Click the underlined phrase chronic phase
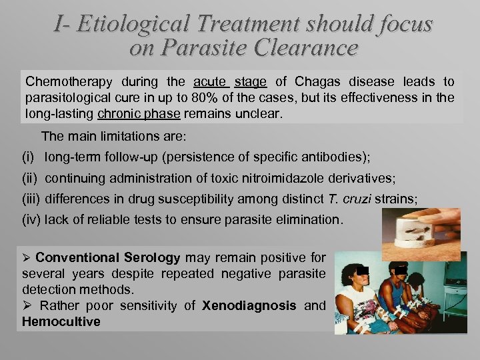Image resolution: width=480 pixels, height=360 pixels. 139,113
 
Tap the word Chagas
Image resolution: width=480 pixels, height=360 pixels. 317,82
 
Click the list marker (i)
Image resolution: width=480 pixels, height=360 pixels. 29,157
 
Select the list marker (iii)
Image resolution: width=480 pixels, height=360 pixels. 31,199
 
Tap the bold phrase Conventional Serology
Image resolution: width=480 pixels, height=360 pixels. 108,258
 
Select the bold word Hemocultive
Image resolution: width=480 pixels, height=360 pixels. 61,322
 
